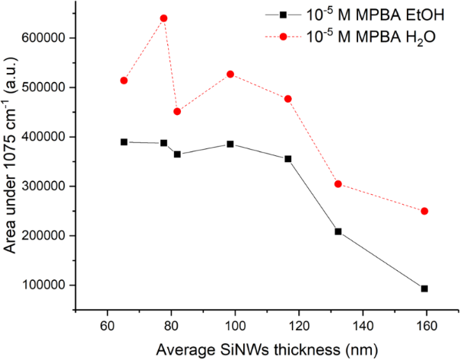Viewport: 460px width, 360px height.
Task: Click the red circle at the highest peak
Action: coord(163,18)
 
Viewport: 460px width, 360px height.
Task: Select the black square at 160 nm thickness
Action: coord(424,288)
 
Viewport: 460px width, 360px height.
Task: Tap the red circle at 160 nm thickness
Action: coord(424,211)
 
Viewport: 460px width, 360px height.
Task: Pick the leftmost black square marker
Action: coord(124,142)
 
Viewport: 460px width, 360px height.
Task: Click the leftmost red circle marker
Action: coord(124,81)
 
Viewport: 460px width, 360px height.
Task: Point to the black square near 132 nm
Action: coord(338,231)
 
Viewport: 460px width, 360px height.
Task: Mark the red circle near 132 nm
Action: coord(338,184)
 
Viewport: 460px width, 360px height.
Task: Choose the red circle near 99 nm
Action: coord(230,74)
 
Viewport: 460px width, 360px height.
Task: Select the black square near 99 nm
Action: coord(230,144)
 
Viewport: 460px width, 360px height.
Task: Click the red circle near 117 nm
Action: coord(287,99)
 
